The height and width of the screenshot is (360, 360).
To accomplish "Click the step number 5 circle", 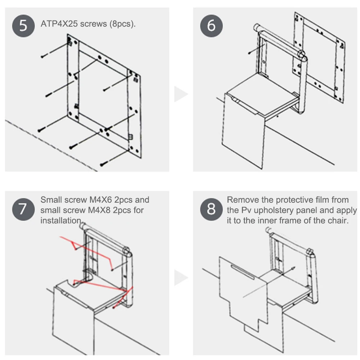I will [23, 26].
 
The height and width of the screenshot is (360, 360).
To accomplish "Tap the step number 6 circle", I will [211, 26].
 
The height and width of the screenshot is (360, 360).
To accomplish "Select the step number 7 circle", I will [23, 209].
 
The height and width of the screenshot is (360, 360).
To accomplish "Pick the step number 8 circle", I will [211, 209].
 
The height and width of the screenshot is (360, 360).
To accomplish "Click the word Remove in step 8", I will [241, 200].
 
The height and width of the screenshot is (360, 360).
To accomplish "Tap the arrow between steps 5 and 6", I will [180, 94].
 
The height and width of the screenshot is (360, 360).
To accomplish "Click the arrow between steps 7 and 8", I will [180, 278].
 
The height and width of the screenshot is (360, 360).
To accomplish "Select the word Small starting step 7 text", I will [51, 200].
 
